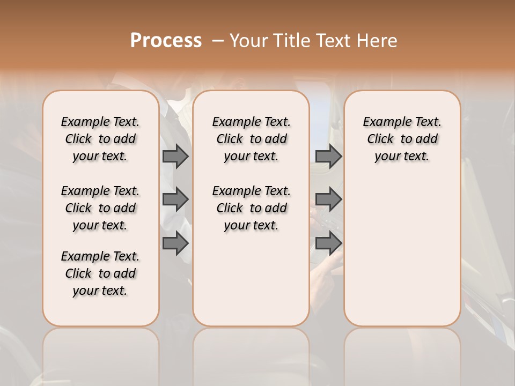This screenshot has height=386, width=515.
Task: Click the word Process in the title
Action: tap(166, 41)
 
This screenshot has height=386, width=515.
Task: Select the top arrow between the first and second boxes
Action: tap(175, 156)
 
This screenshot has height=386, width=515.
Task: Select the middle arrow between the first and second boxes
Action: tap(175, 199)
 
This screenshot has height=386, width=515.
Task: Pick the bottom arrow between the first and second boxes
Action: tap(175, 243)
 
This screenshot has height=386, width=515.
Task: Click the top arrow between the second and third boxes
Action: tap(328, 156)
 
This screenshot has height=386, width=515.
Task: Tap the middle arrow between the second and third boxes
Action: tap(328, 199)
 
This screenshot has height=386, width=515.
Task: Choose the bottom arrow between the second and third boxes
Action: tap(328, 243)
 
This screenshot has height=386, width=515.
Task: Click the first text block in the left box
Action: tap(100, 139)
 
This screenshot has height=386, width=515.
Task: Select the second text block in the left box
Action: tap(100, 208)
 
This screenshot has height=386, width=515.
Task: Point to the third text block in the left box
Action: tap(100, 273)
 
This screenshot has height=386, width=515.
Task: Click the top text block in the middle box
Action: tap(251, 139)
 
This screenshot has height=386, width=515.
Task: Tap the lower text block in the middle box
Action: tap(251, 208)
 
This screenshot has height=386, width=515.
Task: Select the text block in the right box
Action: tap(402, 139)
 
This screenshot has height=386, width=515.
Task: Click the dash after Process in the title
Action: tap(218, 41)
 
